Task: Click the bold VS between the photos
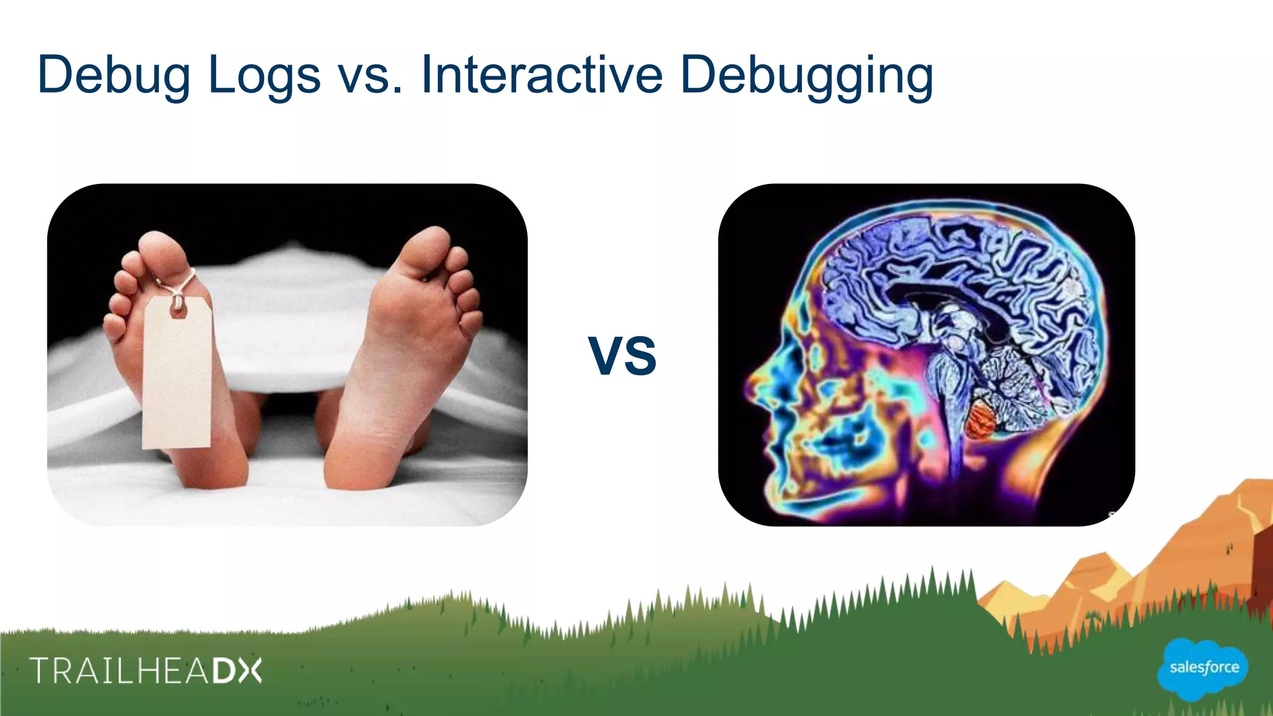[622, 356]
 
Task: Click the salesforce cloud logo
[1203, 668]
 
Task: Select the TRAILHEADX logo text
[146, 671]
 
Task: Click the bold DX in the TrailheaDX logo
[237, 671]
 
